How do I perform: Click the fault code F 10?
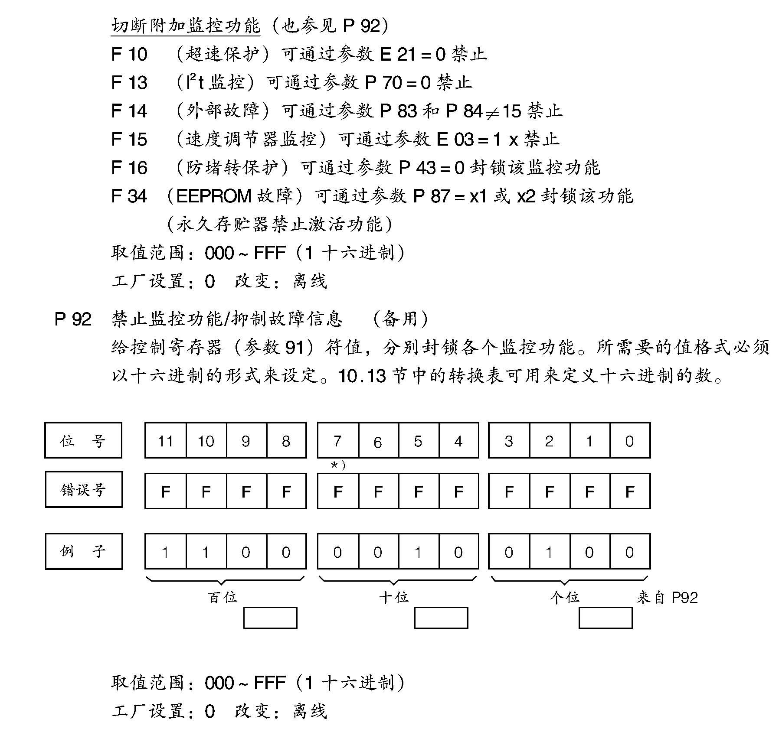(129, 54)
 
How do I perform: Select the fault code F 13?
(129, 82)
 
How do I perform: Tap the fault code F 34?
(129, 196)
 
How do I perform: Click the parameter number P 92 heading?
(73, 319)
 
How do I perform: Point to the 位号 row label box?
(83, 440)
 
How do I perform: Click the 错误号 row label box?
(84, 490)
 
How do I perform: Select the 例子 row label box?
(84, 551)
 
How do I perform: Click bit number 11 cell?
(165, 441)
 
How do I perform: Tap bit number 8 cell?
(286, 441)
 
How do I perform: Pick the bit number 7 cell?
(337, 441)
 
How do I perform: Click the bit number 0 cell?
(629, 441)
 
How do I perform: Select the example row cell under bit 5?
(418, 552)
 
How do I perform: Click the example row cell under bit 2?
(549, 552)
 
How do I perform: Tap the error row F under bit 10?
(206, 491)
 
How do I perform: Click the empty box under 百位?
(270, 618)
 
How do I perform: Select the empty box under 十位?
(441, 618)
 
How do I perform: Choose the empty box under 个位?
(605, 618)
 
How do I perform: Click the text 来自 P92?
(667, 598)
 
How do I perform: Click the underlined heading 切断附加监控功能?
(186, 26)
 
